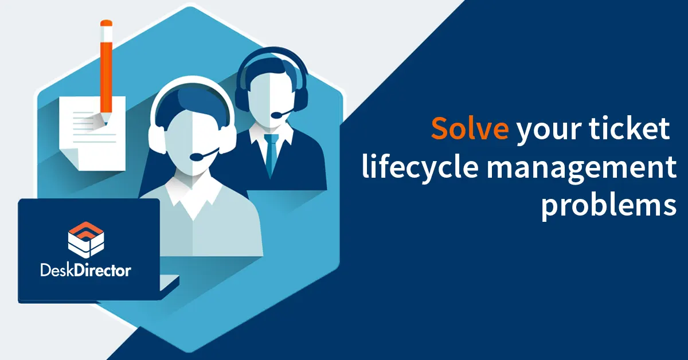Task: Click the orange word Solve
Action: [469, 128]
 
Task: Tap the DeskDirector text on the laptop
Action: [85, 268]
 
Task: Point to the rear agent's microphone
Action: [279, 115]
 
